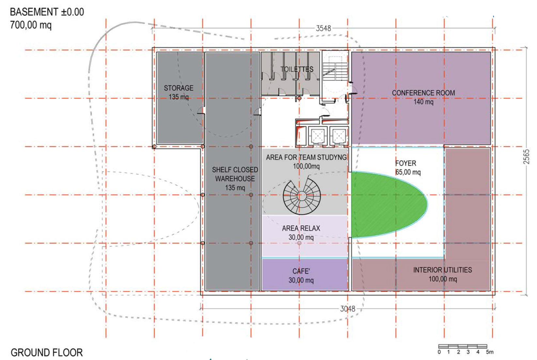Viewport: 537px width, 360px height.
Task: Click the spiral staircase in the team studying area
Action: click(302, 196)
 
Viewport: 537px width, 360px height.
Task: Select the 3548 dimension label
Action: click(324, 28)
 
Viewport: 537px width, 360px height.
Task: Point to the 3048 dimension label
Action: click(348, 309)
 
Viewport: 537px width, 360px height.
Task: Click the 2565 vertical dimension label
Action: click(526, 157)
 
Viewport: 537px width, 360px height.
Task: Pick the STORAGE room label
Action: click(179, 88)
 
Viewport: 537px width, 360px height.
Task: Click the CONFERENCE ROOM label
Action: click(423, 93)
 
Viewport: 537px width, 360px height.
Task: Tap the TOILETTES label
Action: click(297, 69)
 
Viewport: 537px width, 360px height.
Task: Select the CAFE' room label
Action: click(301, 271)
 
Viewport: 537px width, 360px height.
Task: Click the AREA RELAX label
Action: click(301, 228)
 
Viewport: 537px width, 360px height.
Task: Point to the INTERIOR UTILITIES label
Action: click(443, 270)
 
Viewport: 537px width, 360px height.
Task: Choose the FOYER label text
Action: click(406, 163)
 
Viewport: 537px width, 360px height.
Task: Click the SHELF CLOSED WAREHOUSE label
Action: click(235, 174)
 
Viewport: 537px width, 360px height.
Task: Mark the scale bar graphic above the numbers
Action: click(463, 346)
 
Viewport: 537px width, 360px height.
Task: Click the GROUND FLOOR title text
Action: click(47, 352)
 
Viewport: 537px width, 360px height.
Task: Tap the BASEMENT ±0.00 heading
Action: click(47, 12)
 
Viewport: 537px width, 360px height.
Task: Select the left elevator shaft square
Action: click(317, 136)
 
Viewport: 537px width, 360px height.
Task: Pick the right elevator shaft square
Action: click(339, 136)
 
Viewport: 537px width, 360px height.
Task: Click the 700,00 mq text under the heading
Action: click(31, 25)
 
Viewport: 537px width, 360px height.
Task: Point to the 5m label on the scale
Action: click(490, 352)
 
